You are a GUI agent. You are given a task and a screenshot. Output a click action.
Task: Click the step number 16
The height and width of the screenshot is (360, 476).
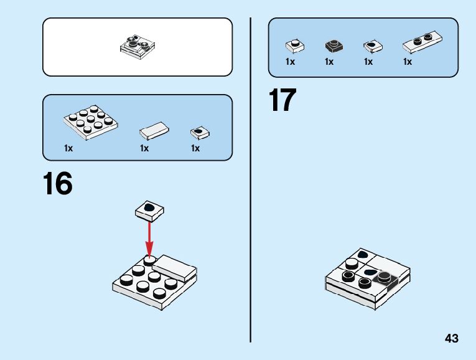click(x=58, y=184)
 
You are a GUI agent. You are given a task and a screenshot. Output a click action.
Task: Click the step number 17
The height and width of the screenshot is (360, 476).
click(x=282, y=101)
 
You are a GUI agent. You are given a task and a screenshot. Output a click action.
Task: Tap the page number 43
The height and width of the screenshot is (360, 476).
click(x=452, y=338)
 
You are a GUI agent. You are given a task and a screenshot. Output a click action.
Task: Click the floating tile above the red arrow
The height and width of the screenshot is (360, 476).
click(x=150, y=211)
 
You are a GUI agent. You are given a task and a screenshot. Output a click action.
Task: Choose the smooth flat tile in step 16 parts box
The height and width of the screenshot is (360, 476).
click(x=154, y=130)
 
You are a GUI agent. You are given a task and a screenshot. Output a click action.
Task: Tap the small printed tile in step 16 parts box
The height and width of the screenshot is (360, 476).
click(x=199, y=132)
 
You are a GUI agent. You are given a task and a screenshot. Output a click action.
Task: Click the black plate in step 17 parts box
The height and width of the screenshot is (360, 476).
click(x=334, y=46)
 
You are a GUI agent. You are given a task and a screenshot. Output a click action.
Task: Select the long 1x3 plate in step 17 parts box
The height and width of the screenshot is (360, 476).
click(x=422, y=42)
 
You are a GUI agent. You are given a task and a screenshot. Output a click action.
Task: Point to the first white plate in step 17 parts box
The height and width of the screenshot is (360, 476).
click(x=294, y=45)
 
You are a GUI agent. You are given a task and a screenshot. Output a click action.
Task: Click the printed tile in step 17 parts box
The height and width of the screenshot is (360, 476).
click(x=372, y=46)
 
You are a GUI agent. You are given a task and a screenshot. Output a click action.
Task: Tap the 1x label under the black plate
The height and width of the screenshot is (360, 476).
click(x=329, y=62)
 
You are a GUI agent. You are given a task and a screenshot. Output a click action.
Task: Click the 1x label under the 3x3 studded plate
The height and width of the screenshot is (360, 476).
click(x=68, y=148)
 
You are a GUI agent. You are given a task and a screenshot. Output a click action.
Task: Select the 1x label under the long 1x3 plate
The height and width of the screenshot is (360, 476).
click(x=408, y=62)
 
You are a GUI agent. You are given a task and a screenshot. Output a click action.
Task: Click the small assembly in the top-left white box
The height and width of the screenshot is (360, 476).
click(x=138, y=47)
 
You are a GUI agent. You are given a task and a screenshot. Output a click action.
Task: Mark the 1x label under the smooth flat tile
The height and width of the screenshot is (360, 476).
click(x=144, y=148)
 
